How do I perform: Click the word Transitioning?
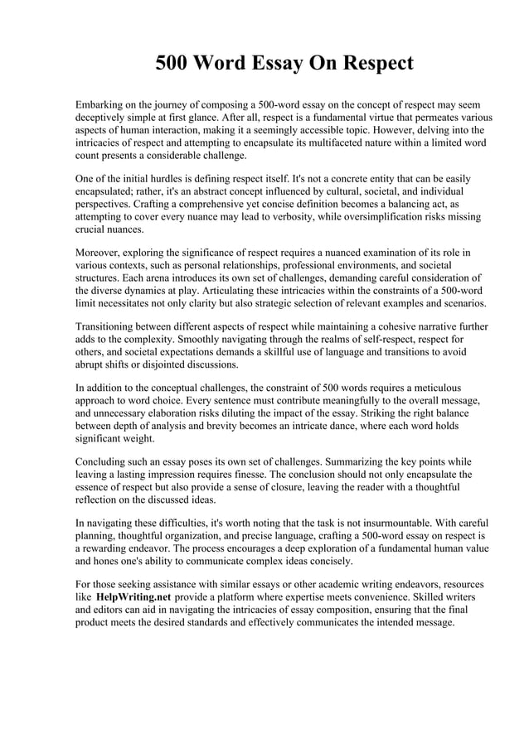(x=109, y=326)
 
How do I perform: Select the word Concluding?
(x=103, y=461)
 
